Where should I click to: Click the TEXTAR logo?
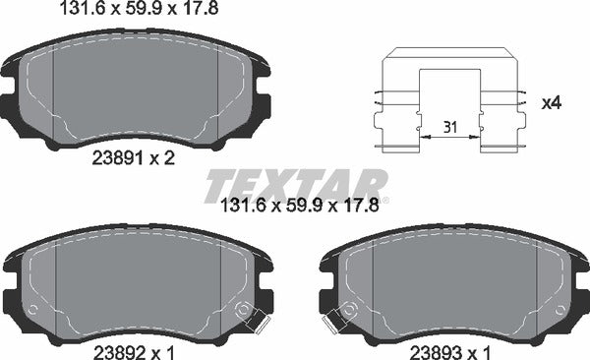coord(295,185)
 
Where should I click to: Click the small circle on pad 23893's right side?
coord(557,308)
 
